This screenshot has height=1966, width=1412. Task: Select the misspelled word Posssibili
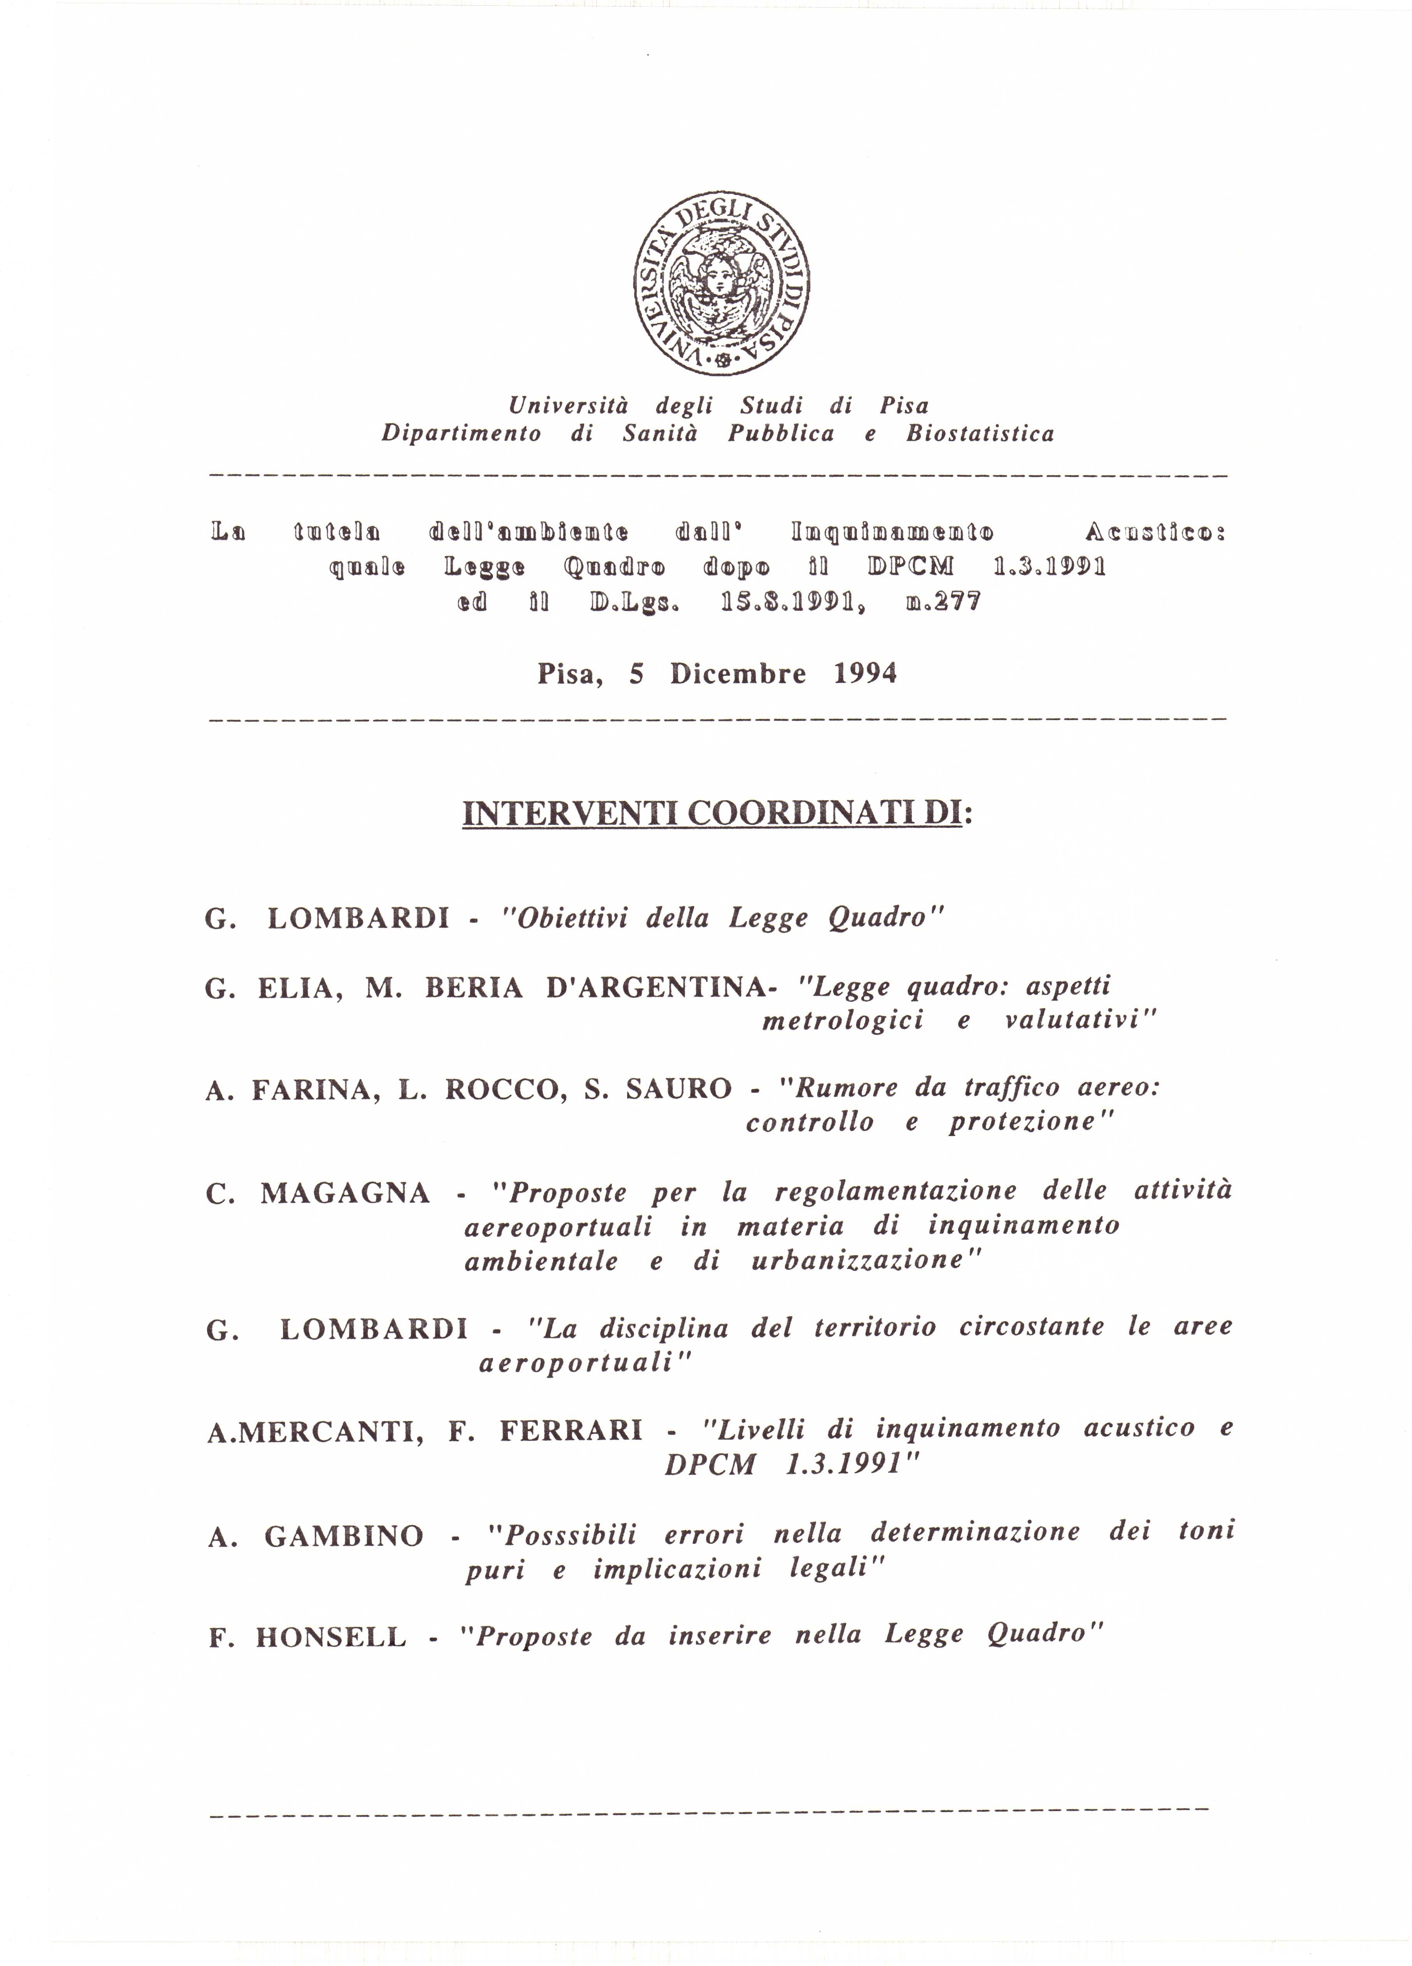click(x=571, y=1535)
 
